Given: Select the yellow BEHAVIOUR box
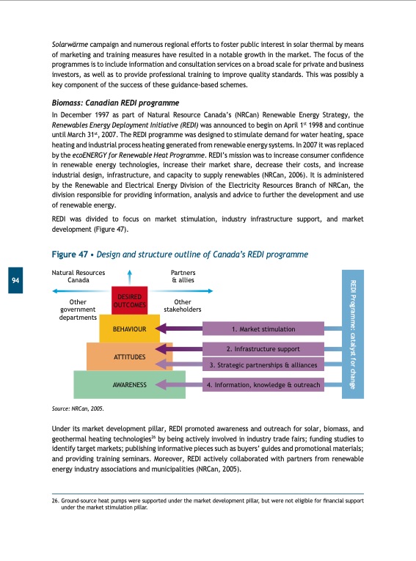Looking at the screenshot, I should [x=129, y=329].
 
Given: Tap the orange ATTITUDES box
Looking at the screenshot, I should [x=129, y=356].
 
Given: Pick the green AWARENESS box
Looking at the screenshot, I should [x=129, y=384].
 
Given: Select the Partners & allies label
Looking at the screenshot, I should [x=183, y=276].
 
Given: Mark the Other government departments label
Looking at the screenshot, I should [x=78, y=309].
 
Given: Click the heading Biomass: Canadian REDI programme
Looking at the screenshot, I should [x=115, y=103].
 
